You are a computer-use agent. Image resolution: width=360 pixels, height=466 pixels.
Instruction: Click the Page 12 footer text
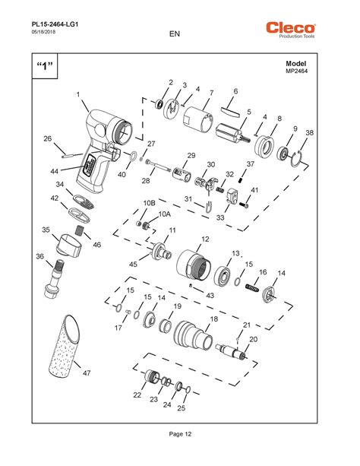pos(179,433)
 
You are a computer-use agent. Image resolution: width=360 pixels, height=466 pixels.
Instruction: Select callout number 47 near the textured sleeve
pos(87,373)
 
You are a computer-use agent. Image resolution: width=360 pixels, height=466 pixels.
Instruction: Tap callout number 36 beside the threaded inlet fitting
pos(39,256)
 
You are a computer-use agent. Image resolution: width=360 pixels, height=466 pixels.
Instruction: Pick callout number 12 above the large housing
pos(204,239)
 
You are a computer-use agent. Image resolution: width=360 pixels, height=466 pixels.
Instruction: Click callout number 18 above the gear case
pos(214,319)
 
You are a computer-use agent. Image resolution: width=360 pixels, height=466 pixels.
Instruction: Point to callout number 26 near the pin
pos(47,138)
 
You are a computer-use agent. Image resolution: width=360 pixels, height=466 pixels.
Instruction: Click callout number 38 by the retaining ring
pos(309,133)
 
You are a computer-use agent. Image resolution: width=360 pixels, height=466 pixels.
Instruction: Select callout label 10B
pos(150,203)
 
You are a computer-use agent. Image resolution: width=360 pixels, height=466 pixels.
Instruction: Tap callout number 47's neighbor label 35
pos(46,229)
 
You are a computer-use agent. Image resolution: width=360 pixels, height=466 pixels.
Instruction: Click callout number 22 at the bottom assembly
pos(137,395)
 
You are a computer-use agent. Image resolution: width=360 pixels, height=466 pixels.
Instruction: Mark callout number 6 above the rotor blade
pos(235,91)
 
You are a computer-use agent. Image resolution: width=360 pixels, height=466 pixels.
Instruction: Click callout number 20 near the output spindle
pos(254,339)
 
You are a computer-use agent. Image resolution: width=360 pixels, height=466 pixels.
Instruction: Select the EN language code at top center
pos(175,33)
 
